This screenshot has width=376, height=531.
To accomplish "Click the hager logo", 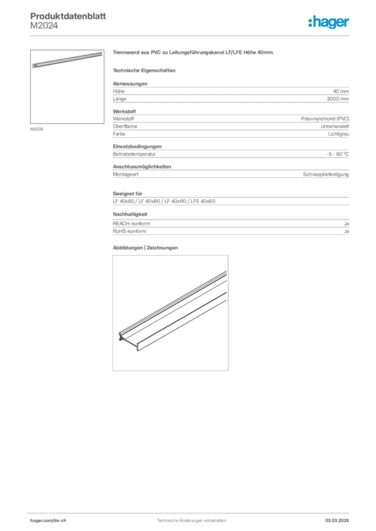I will coord(328,22).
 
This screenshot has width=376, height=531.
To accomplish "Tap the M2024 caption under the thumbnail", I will coord(36,129).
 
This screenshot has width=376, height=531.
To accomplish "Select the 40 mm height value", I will coord(341,91).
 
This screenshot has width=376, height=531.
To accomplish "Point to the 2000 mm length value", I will coord(338,99).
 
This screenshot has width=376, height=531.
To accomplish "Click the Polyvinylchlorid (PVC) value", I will coord(325,119).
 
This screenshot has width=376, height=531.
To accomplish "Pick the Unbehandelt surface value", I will coord(335,126).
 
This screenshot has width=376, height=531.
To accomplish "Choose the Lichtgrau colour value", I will coord(339,134).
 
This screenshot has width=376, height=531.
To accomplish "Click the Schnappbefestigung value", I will coord(326,174).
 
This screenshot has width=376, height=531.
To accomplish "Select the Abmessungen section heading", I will coord(130,83).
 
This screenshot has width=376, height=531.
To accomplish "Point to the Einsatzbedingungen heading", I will coord(137,146).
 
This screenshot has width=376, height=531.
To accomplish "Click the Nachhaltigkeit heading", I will coord(130,214).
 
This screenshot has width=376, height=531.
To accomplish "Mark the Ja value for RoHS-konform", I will coord(346,231).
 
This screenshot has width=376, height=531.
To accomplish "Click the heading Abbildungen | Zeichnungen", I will coord(145,248).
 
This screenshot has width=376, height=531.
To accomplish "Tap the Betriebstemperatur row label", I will coord(135,154).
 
